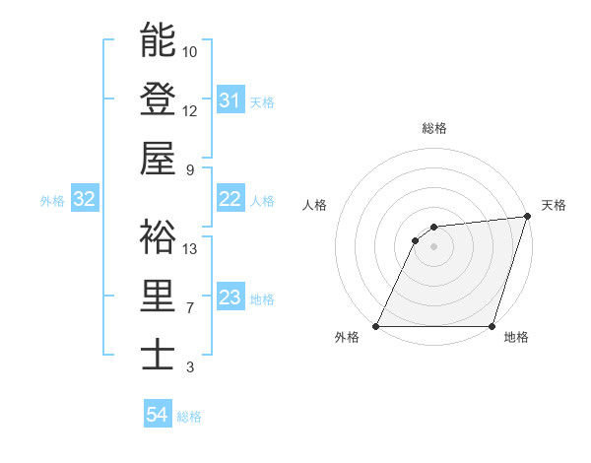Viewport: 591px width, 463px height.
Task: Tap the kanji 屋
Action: (x=158, y=157)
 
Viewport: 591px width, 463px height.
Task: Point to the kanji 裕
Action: (x=158, y=236)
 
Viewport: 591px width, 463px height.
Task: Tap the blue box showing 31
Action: (x=230, y=100)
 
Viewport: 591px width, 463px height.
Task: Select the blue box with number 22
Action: (x=230, y=200)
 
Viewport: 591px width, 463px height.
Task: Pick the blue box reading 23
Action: (x=230, y=298)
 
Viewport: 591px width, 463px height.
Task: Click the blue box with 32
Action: (x=84, y=200)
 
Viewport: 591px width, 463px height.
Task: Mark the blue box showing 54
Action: (x=157, y=416)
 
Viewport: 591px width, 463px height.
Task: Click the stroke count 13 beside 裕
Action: (x=190, y=249)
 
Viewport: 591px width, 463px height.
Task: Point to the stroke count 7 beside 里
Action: (x=190, y=308)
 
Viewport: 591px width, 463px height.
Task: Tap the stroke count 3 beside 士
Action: (x=190, y=367)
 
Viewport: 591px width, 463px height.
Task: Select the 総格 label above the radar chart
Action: (x=434, y=128)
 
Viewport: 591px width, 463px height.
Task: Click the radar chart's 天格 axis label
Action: (x=554, y=205)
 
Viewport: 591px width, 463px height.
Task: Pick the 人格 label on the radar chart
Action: (x=314, y=205)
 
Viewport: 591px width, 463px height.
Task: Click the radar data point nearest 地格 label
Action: (x=492, y=326)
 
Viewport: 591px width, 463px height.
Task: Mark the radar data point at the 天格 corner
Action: (x=528, y=217)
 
